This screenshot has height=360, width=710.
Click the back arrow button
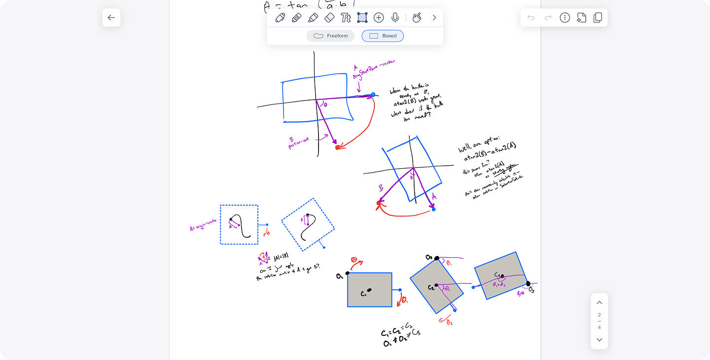[111, 18]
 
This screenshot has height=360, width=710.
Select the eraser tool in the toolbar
[329, 18]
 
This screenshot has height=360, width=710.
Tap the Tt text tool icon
[346, 18]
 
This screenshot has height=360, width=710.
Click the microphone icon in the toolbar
[395, 18]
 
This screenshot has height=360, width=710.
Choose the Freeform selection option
[330, 36]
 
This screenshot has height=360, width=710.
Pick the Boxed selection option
[383, 36]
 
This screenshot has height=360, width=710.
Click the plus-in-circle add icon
[379, 18]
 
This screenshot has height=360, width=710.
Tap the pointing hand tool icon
[417, 18]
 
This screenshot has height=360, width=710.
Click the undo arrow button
[531, 18]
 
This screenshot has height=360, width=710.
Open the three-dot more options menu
[565, 18]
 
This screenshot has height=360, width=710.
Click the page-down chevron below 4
[600, 339]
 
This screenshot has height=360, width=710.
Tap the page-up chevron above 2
[600, 303]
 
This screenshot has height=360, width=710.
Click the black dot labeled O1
[348, 273]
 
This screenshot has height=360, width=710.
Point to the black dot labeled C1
[369, 290]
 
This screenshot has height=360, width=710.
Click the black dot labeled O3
[528, 284]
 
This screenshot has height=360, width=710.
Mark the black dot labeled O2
[437, 258]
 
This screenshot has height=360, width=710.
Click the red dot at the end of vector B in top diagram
[338, 147]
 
